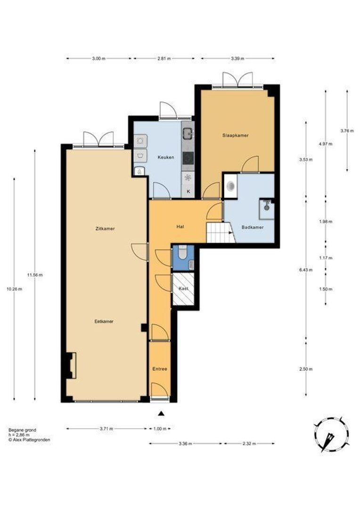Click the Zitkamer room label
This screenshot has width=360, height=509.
tap(105, 229)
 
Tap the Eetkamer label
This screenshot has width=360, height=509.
tap(104, 321)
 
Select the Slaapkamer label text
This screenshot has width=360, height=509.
tap(236, 135)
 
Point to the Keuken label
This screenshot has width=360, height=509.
tap(166, 157)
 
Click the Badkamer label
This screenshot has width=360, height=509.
tap(253, 227)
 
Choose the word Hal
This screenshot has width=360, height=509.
tap(180, 227)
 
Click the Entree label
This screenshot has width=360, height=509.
tap(160, 369)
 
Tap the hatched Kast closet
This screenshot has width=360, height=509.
tap(183, 289)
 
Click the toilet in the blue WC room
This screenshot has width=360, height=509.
tap(183, 252)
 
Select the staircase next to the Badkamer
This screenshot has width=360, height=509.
tap(221, 232)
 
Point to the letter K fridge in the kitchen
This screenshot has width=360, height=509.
tap(188, 191)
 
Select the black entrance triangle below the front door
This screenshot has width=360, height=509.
tap(161, 413)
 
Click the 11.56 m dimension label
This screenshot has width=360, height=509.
tap(35, 275)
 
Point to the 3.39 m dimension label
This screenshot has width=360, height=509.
tap(237, 58)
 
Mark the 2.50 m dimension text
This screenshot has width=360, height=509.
tap(306, 369)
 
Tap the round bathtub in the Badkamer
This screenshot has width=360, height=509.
tap(231, 186)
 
